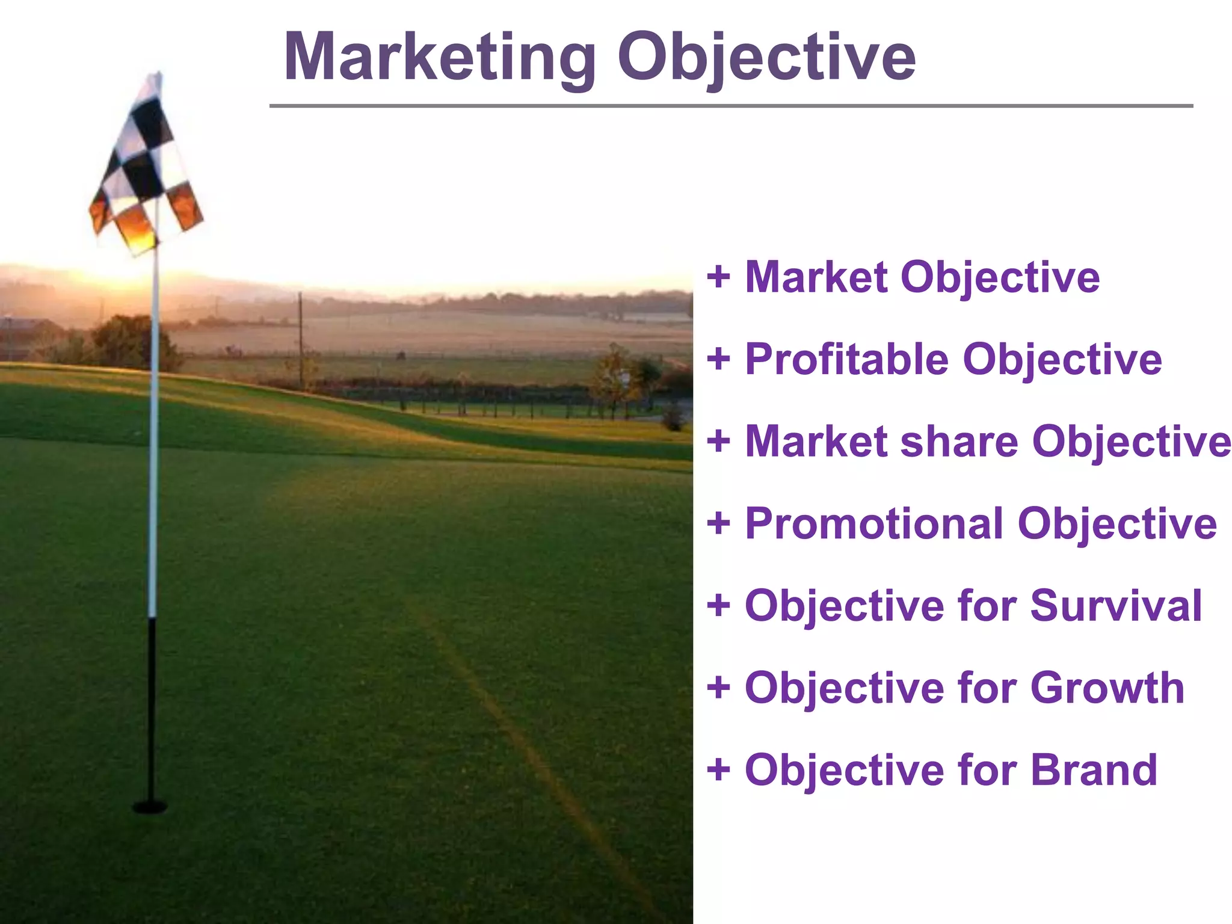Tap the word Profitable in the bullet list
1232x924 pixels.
click(847, 359)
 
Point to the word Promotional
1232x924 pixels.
click(873, 523)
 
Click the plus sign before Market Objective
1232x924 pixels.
click(718, 277)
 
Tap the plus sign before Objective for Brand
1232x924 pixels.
click(718, 769)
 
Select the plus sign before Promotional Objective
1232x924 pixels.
click(718, 523)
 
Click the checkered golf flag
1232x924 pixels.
click(144, 168)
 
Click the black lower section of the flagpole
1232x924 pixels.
click(152, 710)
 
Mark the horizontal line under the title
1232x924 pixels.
click(730, 106)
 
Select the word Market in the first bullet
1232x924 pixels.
click(816, 277)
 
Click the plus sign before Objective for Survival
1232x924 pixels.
click(718, 605)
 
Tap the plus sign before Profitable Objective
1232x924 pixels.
click(718, 359)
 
